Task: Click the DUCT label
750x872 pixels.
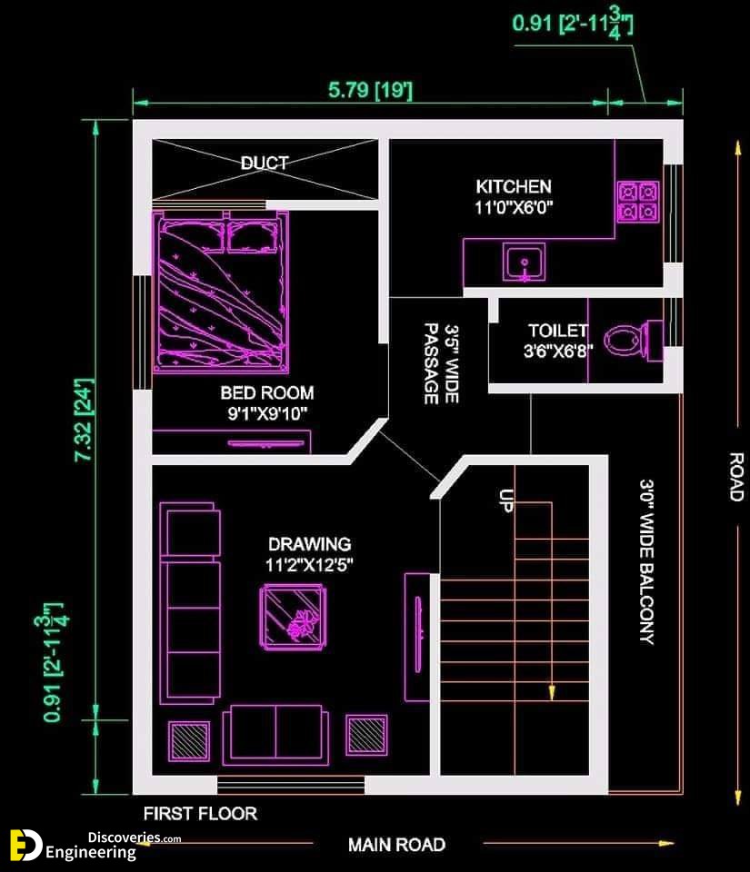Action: [265, 163]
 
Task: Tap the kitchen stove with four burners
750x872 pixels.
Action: [638, 202]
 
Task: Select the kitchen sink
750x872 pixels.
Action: [525, 262]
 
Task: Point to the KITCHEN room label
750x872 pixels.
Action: [514, 186]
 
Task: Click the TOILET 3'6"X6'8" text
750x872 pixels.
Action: [558, 341]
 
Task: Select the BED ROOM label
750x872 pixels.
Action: [267, 392]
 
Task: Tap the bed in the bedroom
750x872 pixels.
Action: [221, 292]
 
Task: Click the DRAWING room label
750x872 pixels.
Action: [309, 544]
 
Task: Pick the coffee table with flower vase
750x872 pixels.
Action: [294, 617]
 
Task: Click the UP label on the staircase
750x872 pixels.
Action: [506, 500]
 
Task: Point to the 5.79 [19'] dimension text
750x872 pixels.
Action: [371, 90]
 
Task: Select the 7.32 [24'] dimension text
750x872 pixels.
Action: [85, 420]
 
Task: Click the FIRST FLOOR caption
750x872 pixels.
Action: [200, 814]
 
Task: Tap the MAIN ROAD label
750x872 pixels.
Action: [396, 845]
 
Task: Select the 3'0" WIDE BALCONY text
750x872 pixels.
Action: [646, 561]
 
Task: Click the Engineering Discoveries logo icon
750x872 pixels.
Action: [25, 846]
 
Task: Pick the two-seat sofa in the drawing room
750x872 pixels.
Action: [275, 735]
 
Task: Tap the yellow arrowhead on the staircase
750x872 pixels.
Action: [552, 692]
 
